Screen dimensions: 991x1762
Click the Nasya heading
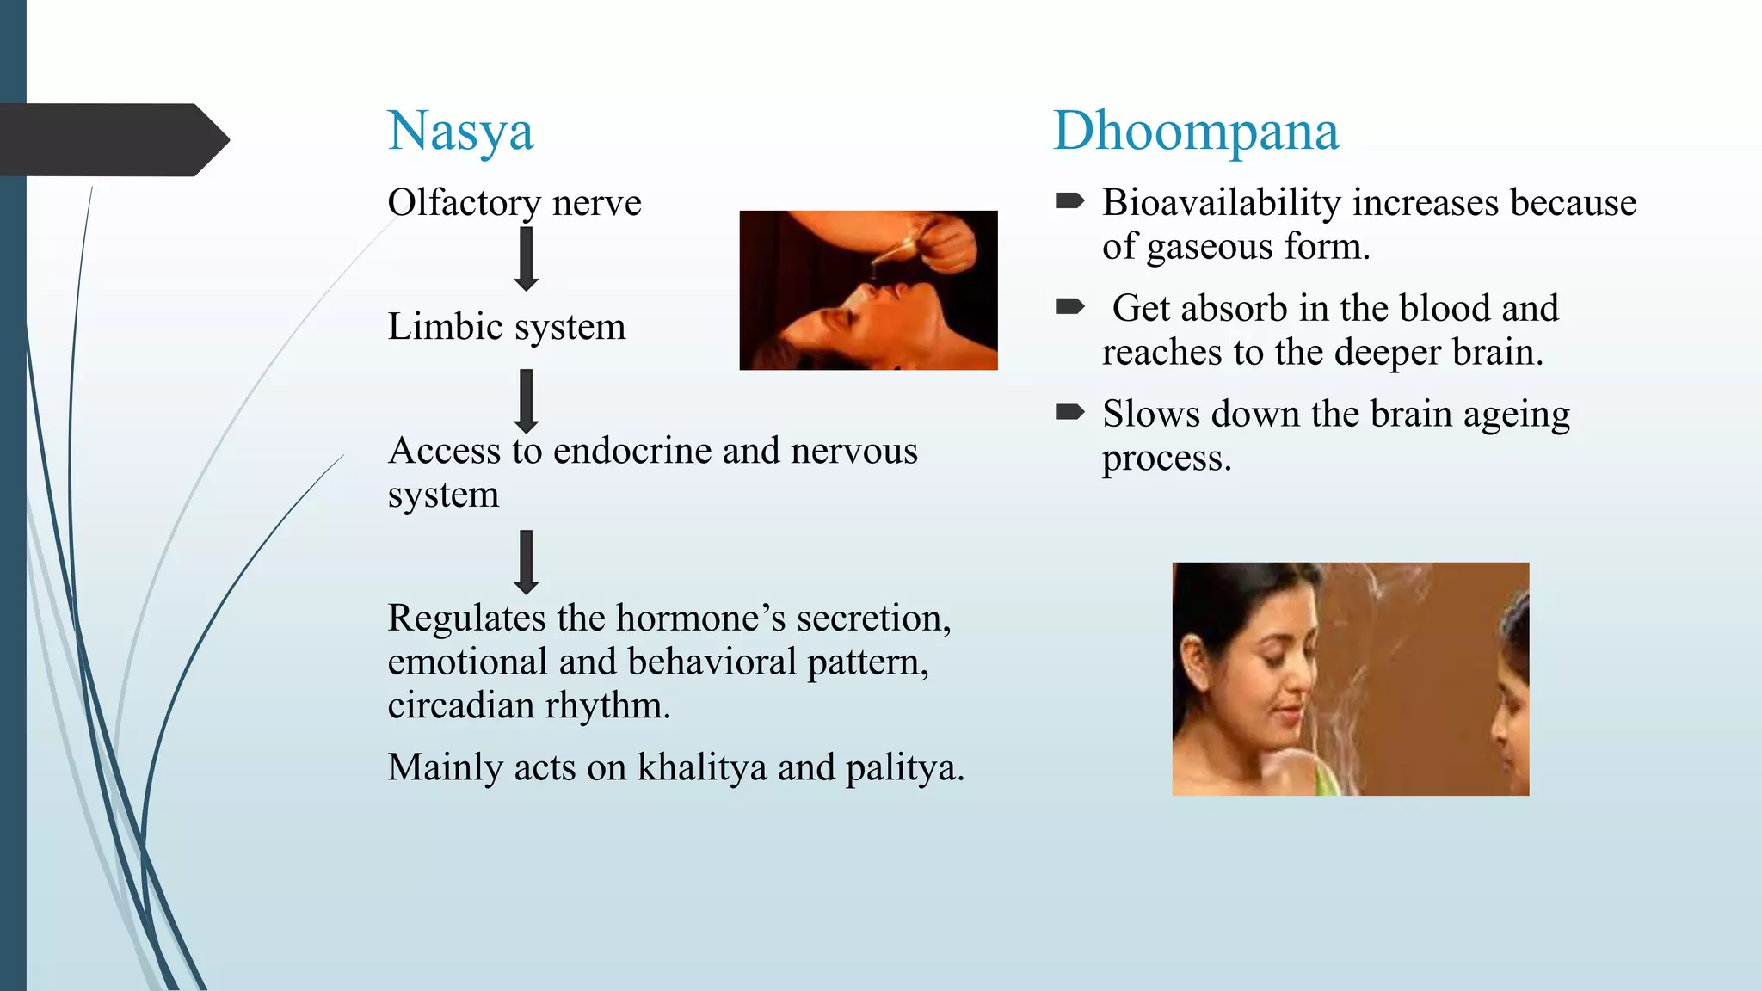tap(460, 132)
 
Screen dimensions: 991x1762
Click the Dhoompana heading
tap(1196, 132)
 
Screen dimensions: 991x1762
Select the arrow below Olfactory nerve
tap(526, 259)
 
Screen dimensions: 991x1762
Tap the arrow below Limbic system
tap(526, 401)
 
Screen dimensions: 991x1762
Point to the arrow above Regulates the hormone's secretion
tap(526, 562)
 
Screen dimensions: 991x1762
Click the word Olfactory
tap(464, 203)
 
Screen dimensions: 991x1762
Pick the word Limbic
tap(445, 327)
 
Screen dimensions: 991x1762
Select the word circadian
tap(461, 705)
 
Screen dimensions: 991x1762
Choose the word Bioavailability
tap(1222, 203)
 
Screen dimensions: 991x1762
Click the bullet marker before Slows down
tap(1069, 412)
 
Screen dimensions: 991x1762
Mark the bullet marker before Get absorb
tap(1069, 306)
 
